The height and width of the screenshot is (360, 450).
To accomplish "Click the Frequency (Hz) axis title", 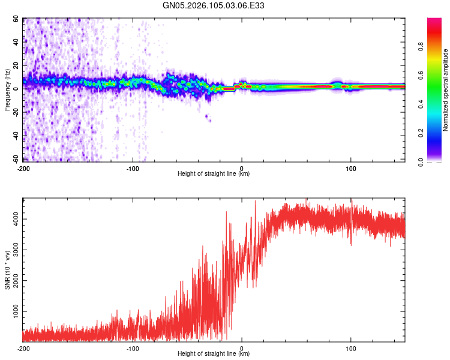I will point(7,90).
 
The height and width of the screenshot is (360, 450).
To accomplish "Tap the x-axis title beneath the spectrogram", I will point(214,174).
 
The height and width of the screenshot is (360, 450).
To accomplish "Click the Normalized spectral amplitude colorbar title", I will point(446,90).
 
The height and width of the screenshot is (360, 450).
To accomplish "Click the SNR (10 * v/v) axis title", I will point(7,270).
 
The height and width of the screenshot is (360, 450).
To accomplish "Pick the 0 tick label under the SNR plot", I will point(242,348).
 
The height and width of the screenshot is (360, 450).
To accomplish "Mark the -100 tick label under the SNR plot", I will point(133,348).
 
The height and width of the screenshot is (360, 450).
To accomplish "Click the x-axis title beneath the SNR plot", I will point(214,355).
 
